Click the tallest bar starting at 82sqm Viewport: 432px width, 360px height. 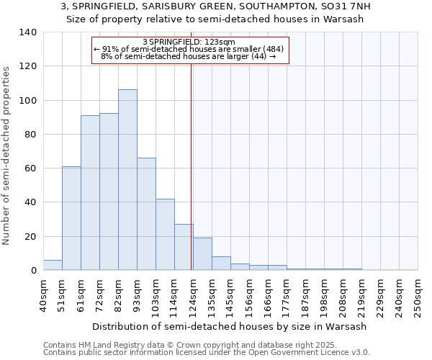127,180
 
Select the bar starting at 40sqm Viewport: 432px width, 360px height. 53,265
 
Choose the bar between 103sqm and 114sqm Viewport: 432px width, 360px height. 165,235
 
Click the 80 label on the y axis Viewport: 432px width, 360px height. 32,135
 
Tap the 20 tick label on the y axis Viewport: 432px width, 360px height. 32,237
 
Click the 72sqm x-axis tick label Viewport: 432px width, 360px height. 99,295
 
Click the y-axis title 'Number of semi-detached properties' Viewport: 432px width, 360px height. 7,156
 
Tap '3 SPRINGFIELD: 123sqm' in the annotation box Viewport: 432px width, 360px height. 189,42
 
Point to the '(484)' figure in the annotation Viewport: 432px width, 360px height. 275,49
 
